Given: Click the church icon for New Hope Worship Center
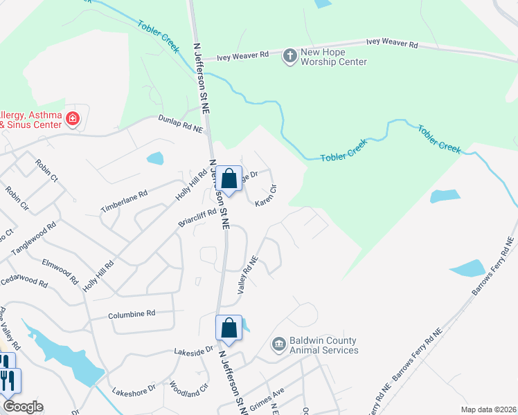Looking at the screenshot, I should [289, 55].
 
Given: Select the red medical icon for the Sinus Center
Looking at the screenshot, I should [71, 120].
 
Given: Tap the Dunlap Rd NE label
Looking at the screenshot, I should [181, 124].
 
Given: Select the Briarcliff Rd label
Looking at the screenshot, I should [197, 221].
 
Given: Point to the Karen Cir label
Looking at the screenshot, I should [267, 194].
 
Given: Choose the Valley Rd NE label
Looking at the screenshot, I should [248, 275].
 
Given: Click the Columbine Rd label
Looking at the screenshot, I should [132, 315].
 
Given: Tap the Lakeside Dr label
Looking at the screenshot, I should [193, 352].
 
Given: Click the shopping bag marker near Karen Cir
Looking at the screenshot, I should [229, 180].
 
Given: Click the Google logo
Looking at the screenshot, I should [23, 407].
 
